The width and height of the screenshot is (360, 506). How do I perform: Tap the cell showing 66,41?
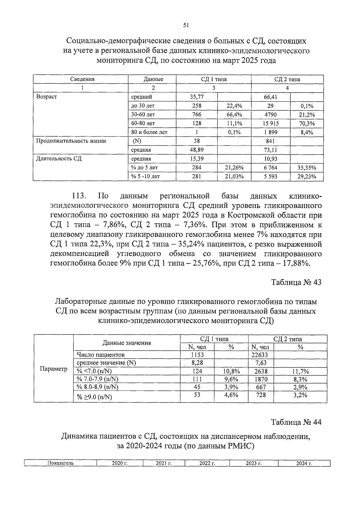tap(270, 97)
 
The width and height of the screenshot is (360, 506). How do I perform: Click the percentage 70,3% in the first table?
tap(307, 123)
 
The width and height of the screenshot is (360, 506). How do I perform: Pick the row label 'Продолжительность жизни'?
tap(71, 141)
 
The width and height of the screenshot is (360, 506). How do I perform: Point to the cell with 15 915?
tap(270, 123)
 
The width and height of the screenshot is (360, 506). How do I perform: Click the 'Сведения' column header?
tap(82, 79)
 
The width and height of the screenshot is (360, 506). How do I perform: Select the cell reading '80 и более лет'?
tap(149, 132)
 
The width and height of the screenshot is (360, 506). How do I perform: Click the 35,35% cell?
tap(307, 168)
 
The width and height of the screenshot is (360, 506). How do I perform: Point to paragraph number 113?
tap(79, 196)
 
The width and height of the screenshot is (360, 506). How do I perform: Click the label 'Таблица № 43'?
tap(296, 282)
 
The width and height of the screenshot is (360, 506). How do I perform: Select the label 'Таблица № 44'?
tap(296, 422)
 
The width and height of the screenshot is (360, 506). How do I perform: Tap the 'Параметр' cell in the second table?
tap(53, 369)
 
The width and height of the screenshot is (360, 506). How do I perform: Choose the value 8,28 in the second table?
tap(197, 363)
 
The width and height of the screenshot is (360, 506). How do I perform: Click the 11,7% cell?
tap(300, 371)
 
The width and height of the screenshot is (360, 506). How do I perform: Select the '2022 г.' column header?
tap(207, 463)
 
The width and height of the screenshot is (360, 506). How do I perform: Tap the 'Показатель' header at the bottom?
tap(60, 463)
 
